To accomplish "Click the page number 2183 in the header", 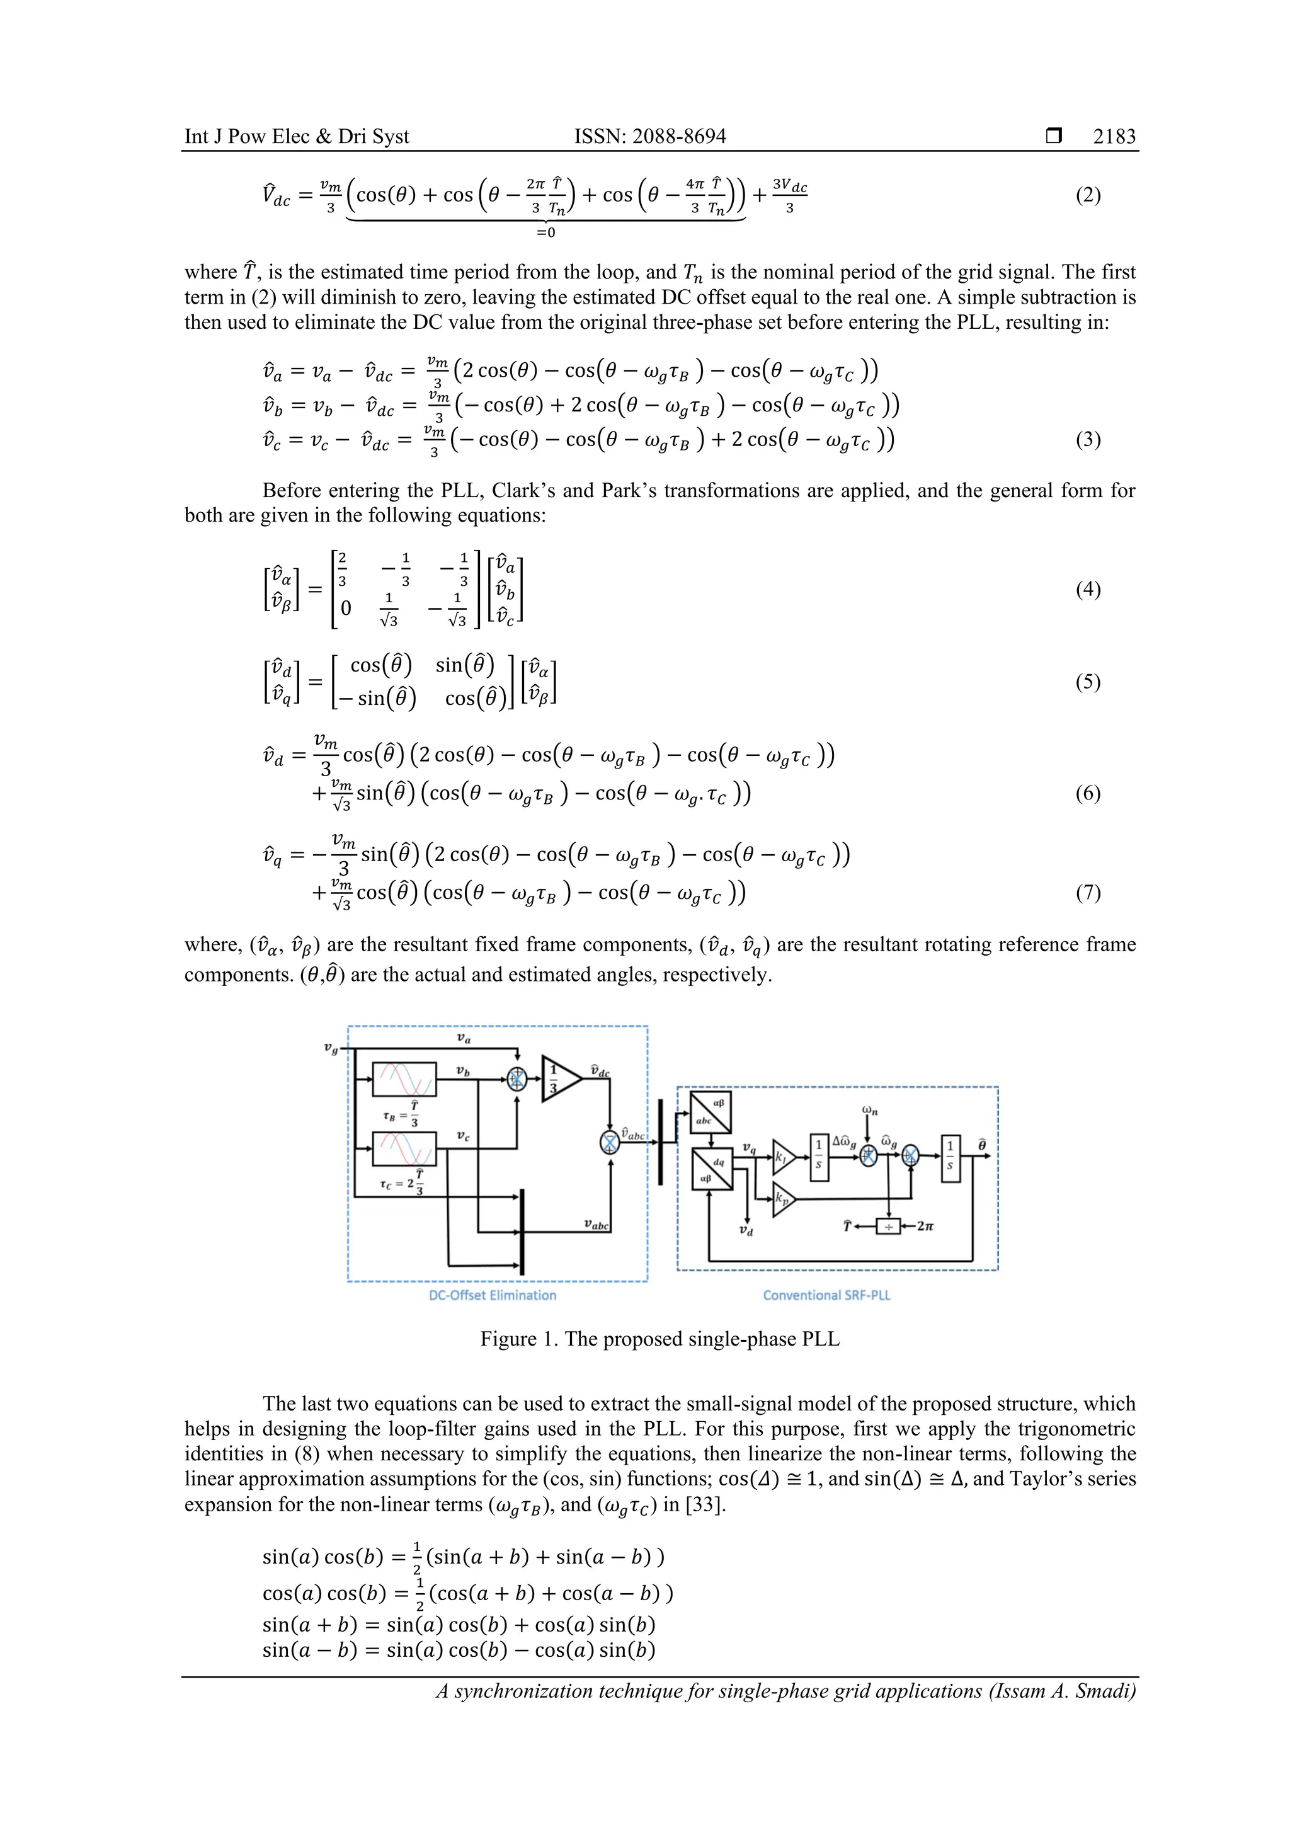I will [x=1114, y=137].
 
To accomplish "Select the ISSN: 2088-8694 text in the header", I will [x=649, y=137].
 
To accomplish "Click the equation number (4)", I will [x=1087, y=589].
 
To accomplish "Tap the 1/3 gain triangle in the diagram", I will [x=559, y=1078].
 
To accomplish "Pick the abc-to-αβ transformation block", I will [x=711, y=1112].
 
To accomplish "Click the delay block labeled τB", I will [x=404, y=1079].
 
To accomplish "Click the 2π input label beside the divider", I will [x=925, y=1227].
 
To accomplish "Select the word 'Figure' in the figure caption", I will [x=508, y=1339].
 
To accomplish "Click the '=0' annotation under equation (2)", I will [x=545, y=233].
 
